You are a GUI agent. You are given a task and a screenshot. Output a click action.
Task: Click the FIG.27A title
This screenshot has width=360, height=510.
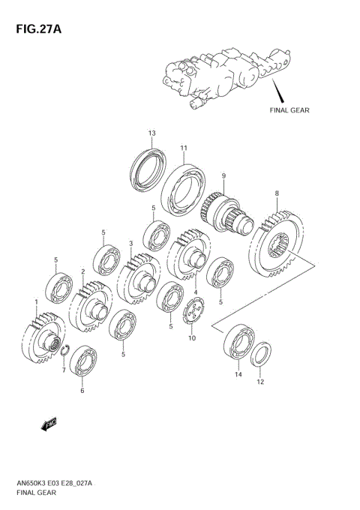(x=39, y=29)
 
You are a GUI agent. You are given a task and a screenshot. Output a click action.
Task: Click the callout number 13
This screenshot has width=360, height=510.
(x=151, y=133)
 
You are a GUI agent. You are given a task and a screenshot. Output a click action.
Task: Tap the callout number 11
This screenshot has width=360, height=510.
(x=184, y=148)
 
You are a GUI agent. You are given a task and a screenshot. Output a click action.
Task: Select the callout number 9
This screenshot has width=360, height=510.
(x=223, y=176)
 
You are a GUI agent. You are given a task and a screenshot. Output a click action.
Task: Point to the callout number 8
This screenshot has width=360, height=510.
(x=277, y=193)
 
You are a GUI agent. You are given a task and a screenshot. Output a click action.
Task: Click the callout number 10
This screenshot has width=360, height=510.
(x=192, y=338)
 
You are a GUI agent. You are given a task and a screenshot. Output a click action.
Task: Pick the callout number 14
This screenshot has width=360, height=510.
(x=238, y=374)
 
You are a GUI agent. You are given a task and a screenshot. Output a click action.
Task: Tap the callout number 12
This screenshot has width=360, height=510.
(x=260, y=382)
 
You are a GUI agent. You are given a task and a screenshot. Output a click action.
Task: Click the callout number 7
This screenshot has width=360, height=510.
(x=64, y=370)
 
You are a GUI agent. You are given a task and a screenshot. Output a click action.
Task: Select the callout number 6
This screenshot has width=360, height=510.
(x=82, y=390)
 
